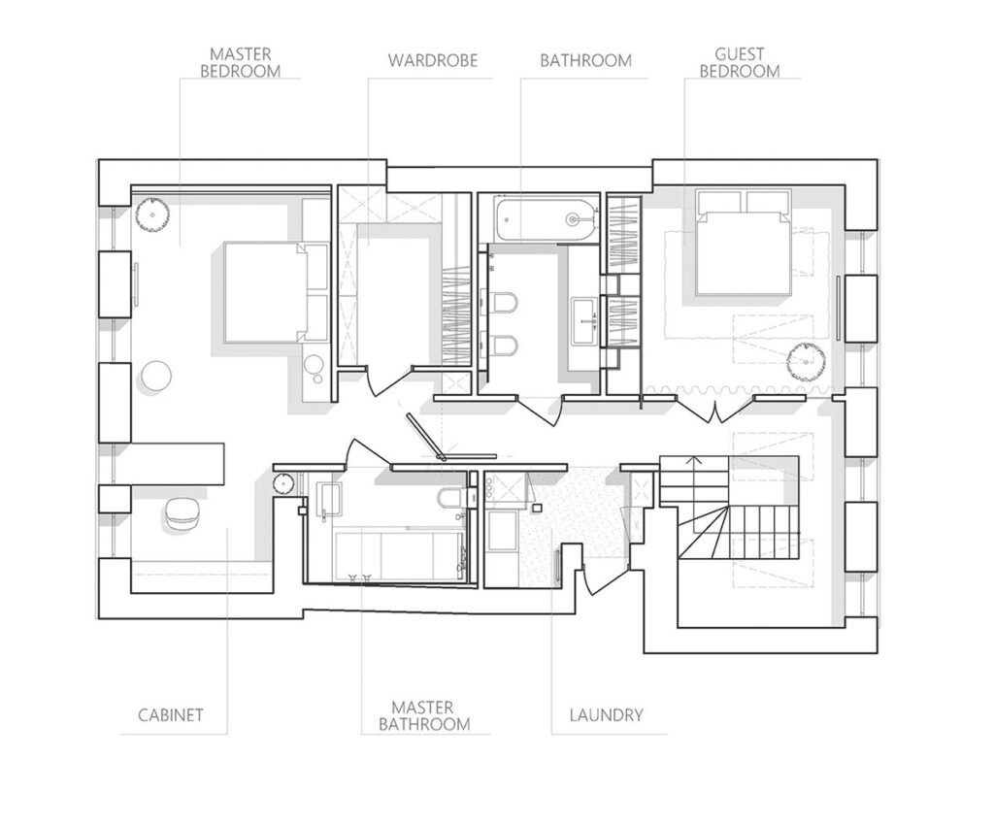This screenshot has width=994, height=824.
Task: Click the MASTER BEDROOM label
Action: [241, 63]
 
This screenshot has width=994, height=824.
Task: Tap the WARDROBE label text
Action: [432, 61]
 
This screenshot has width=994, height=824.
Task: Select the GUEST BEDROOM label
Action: [739, 63]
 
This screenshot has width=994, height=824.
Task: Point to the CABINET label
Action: [171, 715]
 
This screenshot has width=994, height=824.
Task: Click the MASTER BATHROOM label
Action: [424, 715]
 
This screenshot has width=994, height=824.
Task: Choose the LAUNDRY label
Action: [606, 715]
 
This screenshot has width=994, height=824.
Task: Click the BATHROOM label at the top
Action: [585, 61]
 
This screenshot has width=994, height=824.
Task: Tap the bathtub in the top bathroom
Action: [547, 220]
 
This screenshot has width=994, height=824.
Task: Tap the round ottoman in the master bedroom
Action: [155, 377]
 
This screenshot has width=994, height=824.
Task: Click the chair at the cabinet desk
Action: [183, 512]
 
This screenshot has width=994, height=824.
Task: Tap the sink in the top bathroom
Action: [585, 322]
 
